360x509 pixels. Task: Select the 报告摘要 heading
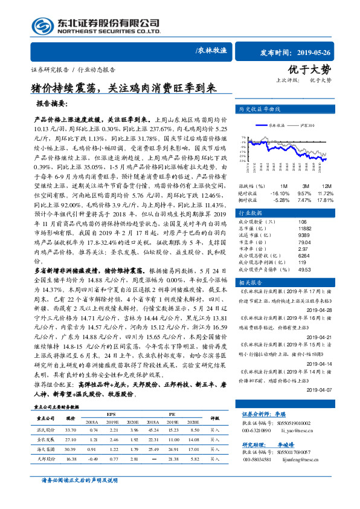pos(55,104)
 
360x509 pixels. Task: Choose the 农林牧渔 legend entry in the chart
pos(277,124)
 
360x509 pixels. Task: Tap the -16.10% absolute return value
pos(281,192)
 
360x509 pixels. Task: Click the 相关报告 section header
pos(251,282)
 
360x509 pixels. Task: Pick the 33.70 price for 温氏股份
pos(70,429)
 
